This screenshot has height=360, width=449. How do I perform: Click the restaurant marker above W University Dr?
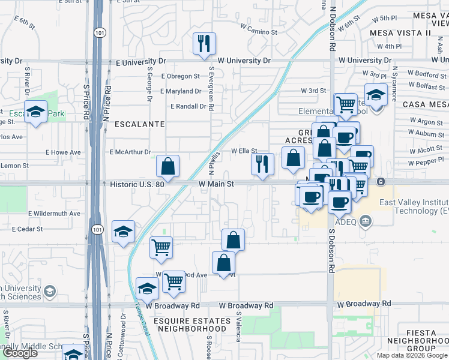pos(204,43)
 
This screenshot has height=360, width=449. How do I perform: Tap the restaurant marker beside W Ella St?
pos(262,164)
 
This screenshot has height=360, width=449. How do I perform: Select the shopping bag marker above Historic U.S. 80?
pos(168,166)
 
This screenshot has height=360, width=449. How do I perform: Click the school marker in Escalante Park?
pos(36,112)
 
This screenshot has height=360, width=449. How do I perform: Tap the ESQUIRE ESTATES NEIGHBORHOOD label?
pos(192,325)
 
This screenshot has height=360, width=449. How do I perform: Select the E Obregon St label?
pos(180,76)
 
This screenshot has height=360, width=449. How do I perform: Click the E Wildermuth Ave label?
pos(54,213)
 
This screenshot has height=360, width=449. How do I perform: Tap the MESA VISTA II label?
pos(401,32)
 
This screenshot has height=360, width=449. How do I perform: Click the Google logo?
pos(20,353)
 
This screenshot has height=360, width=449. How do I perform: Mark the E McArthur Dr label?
pos(130,152)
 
